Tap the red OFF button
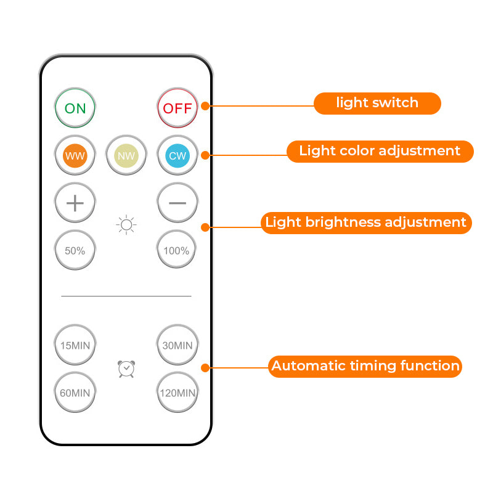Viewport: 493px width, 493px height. (177, 108)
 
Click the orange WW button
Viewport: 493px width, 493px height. (75, 155)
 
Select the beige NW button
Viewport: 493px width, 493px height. (126, 155)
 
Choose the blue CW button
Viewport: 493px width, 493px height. (177, 155)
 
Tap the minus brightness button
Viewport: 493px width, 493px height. (177, 203)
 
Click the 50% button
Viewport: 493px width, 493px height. (75, 250)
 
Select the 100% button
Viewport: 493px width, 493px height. (177, 250)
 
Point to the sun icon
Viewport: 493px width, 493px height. (126, 225)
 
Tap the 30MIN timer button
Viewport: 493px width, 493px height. (177, 345)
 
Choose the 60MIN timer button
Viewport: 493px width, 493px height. (75, 392)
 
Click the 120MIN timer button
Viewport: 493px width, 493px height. (177, 392)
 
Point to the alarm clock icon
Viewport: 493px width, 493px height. (126, 369)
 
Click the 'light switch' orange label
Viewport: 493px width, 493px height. (377, 103)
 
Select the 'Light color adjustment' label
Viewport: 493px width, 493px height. (380, 151)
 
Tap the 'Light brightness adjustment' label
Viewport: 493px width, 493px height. (366, 222)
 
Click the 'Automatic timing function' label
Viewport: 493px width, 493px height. (365, 366)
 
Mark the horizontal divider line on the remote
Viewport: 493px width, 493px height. (126, 296)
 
